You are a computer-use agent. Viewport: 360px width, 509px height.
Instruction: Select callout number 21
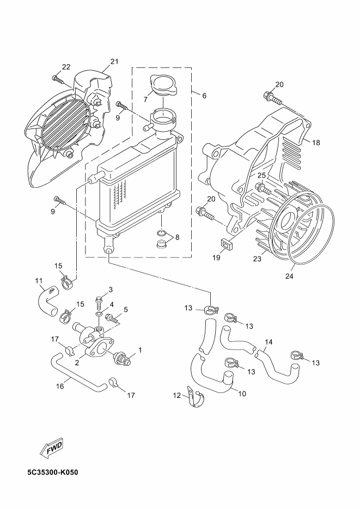(114, 62)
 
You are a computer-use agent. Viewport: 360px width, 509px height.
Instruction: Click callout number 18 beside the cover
(316, 143)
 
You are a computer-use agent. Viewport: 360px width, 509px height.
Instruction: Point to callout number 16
(60, 386)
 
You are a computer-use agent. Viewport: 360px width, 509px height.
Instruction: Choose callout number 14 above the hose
(269, 342)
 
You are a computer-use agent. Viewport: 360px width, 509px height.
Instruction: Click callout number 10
(242, 394)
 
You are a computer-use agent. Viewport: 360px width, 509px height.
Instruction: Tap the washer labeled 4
(99, 315)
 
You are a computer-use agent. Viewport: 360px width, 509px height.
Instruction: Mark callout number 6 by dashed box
(204, 96)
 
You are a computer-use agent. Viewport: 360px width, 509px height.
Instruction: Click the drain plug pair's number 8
(177, 237)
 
